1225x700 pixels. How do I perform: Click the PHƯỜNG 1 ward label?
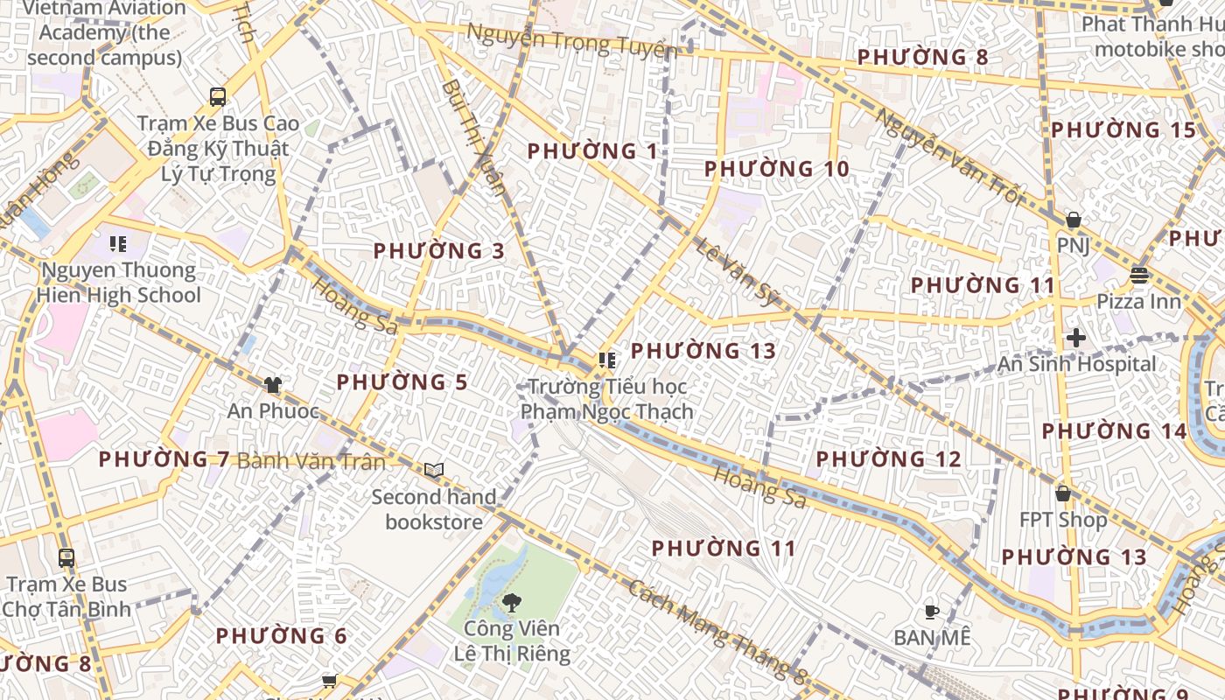592,151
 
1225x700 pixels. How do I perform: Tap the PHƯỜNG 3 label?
439,251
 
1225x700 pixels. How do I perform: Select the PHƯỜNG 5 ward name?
402,382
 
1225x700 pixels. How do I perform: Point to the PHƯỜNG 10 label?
777,169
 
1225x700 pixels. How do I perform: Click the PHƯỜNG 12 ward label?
889,459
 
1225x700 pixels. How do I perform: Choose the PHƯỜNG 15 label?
1123,130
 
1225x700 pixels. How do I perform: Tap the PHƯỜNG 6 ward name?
282,636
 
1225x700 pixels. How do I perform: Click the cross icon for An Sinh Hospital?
1076,338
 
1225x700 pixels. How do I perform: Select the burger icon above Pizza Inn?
1138,276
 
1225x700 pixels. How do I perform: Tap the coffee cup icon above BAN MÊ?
932,612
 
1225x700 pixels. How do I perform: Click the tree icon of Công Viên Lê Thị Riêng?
511,602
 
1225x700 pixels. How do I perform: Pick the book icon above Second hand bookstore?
434,471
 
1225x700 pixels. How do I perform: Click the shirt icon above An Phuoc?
273,384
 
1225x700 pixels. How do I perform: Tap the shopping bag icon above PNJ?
1073,220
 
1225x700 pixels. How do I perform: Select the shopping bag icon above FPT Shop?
1063,493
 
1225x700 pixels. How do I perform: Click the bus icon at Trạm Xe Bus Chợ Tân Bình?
66,557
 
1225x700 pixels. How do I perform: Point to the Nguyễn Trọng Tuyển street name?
572,41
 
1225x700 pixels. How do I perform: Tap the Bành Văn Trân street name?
311,460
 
